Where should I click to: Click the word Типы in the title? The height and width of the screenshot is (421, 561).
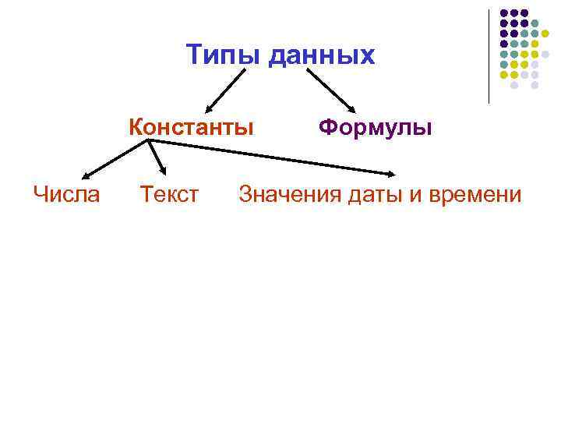(x=224, y=55)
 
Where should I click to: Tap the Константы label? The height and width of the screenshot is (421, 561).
(x=192, y=126)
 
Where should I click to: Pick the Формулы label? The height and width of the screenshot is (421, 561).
(x=375, y=126)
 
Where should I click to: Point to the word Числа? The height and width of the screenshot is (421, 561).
(x=67, y=193)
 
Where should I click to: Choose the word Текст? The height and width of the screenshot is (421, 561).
(x=169, y=193)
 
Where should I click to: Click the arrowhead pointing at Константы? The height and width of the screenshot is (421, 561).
(x=208, y=110)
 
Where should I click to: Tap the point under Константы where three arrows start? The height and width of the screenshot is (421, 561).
(x=150, y=141)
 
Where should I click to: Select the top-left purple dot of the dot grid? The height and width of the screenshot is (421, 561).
(x=504, y=13)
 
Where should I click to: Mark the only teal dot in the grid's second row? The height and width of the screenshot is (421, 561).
(x=535, y=23)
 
